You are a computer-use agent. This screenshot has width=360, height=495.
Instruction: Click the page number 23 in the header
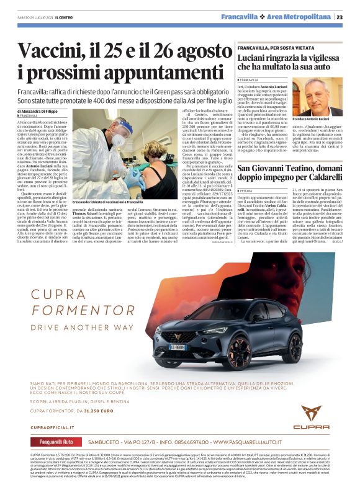click(349, 17)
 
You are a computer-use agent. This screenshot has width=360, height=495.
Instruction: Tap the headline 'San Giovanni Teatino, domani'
click(289, 153)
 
